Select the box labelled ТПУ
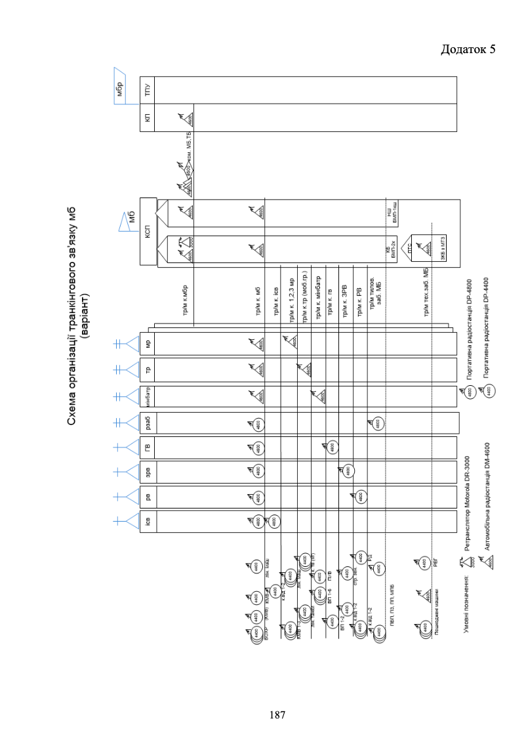click(x=148, y=90)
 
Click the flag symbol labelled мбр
click(x=119, y=87)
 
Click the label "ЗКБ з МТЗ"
click(x=428, y=250)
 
